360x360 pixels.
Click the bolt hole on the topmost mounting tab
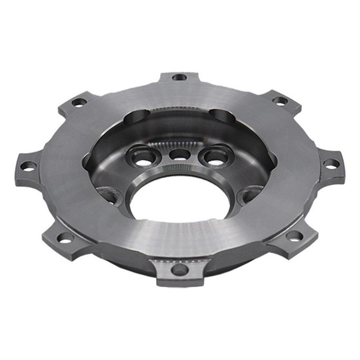pos(180,77)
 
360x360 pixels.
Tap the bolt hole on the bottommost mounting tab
pos(180,269)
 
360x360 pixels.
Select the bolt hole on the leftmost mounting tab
pos(28,166)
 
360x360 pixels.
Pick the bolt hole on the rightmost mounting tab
pos(330,164)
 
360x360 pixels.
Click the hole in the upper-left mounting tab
pos(79,102)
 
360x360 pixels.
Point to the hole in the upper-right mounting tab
pos(280,101)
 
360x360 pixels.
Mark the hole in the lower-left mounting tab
pos(65,237)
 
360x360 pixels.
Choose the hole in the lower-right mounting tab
pos(294,235)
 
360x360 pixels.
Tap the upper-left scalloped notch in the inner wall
pos(137,117)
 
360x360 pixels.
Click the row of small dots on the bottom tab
pos(180,259)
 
